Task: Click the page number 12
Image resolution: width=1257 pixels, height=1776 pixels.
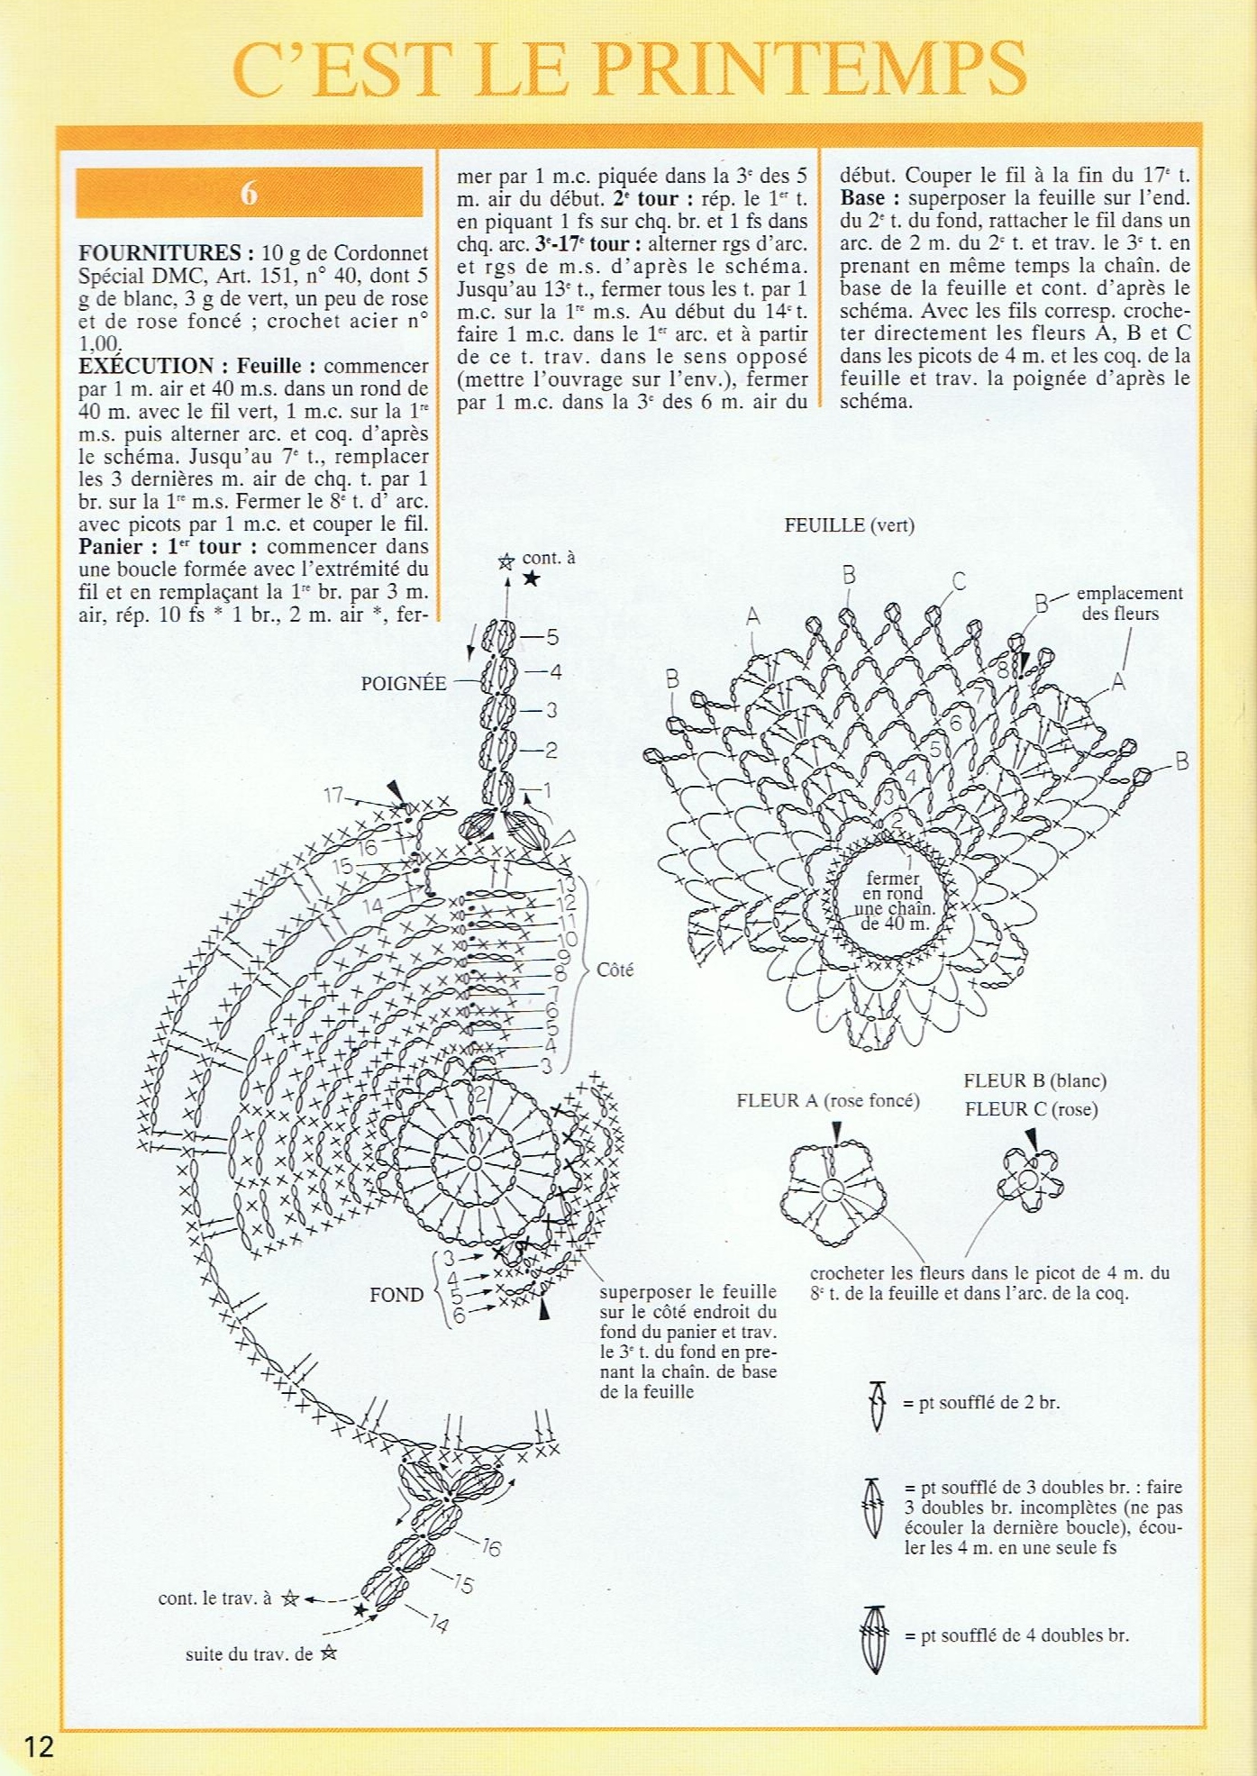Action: coord(39,1746)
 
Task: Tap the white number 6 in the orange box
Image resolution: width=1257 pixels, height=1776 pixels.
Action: coord(249,193)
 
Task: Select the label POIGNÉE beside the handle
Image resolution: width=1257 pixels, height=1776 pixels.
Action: coord(404,684)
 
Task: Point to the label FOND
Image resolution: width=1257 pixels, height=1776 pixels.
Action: coord(396,1295)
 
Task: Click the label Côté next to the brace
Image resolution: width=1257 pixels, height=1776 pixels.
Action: coord(615,970)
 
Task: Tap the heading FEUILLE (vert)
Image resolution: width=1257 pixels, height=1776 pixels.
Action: coord(849,525)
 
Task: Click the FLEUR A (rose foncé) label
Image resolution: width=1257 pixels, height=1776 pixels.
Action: coord(828,1100)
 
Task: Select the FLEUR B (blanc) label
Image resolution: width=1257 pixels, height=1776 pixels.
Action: coord(1034,1080)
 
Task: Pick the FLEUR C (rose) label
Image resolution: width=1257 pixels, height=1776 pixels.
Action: coord(1031,1109)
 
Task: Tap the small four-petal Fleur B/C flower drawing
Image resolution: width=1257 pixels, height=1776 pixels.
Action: coord(1029,1179)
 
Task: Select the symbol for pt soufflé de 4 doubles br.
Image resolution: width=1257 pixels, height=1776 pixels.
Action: coord(875,1635)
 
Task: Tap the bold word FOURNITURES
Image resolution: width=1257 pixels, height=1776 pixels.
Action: coord(159,253)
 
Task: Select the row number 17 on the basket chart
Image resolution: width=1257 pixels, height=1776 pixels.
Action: coord(334,795)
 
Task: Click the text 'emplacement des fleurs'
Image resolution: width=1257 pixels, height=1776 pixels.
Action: coord(1129,603)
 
